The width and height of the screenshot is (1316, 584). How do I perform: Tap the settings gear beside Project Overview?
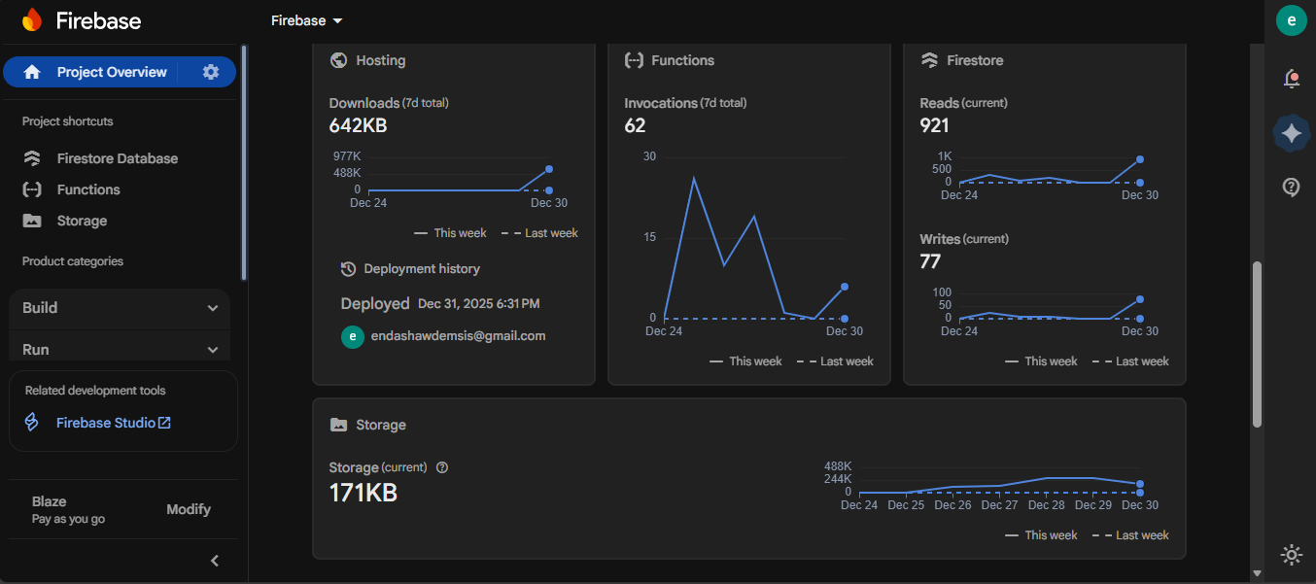pyautogui.click(x=211, y=72)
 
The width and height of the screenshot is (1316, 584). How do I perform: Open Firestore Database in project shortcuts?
pyautogui.click(x=117, y=158)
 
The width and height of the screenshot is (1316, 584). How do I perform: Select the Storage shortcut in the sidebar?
pyautogui.click(x=82, y=221)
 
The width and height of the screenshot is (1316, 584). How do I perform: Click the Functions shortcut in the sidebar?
pyautogui.click(x=88, y=189)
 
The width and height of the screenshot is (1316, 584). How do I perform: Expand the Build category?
pyautogui.click(x=120, y=308)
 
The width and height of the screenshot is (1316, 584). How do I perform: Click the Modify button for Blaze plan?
pyautogui.click(x=189, y=509)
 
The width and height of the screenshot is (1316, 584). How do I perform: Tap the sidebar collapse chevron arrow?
pyautogui.click(x=215, y=561)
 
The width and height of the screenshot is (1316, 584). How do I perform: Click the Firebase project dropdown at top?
pyautogui.click(x=307, y=20)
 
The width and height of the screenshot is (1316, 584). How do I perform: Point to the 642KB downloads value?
pyautogui.click(x=358, y=125)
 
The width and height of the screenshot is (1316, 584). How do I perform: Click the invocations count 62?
pyautogui.click(x=635, y=125)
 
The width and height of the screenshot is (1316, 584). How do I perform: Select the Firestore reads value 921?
pyautogui.click(x=934, y=125)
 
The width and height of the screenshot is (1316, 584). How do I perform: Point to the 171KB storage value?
pyautogui.click(x=364, y=493)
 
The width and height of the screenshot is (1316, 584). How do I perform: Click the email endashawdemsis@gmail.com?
pyautogui.click(x=458, y=336)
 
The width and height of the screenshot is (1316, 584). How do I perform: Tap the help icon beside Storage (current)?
pyautogui.click(x=442, y=467)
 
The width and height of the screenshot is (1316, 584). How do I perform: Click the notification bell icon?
pyautogui.click(x=1292, y=79)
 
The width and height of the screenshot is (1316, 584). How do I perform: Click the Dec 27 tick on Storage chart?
pyautogui.click(x=999, y=505)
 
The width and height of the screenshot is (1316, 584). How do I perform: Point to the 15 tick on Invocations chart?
pyautogui.click(x=649, y=237)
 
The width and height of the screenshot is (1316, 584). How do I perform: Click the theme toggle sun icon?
pyautogui.click(x=1292, y=555)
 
